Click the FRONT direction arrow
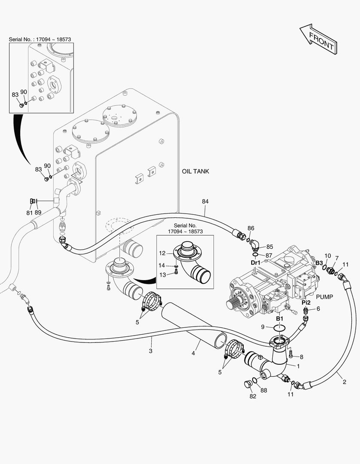point(318,40)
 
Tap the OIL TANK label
point(195,171)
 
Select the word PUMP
point(324,296)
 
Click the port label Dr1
point(255,262)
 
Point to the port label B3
point(319,262)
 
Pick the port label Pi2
point(305,302)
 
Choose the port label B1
point(279,318)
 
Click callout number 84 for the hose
point(205,201)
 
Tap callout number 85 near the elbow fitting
point(269,247)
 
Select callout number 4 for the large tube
point(193,353)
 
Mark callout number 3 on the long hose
point(151,351)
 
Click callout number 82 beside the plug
point(253,396)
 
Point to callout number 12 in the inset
point(162,253)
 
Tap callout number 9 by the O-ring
point(263,327)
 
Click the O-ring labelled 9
point(279,328)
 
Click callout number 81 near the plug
point(29,213)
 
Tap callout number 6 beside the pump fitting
point(318,308)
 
